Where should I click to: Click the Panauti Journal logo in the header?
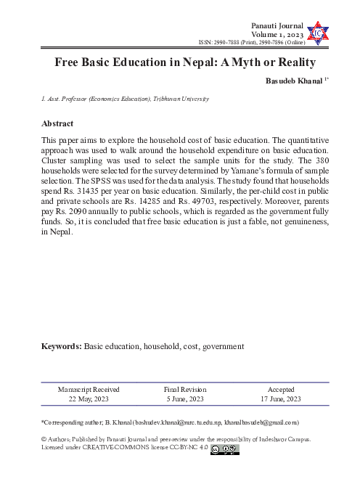316,31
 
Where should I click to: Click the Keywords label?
62,347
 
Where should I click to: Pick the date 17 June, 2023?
281,399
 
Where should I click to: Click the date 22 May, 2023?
89,399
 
